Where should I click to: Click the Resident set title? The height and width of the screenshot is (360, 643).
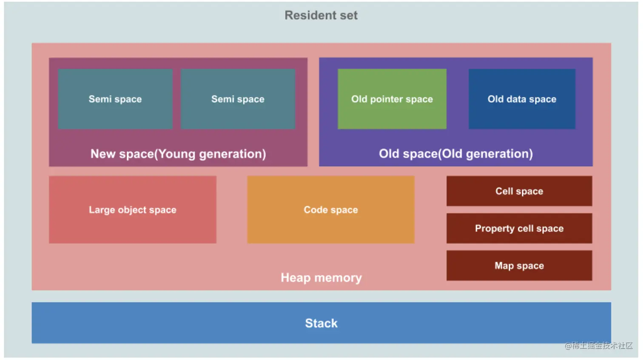321,15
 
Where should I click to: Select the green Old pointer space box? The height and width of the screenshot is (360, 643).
392,99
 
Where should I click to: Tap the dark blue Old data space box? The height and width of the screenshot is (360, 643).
522,99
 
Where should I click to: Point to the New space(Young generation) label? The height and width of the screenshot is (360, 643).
178,154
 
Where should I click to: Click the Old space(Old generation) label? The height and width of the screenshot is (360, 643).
456,154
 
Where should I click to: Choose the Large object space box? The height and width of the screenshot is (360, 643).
132,210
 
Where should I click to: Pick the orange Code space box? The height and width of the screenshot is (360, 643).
330,210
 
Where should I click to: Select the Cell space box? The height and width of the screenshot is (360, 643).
519,191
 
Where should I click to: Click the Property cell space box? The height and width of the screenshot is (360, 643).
519,228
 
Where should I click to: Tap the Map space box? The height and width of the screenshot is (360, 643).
519,266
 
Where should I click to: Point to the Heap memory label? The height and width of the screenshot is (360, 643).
321,278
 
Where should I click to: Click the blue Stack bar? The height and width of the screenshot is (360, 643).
321,323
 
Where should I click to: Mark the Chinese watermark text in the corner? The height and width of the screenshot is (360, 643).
599,346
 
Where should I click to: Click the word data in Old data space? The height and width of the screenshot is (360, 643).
516,99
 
